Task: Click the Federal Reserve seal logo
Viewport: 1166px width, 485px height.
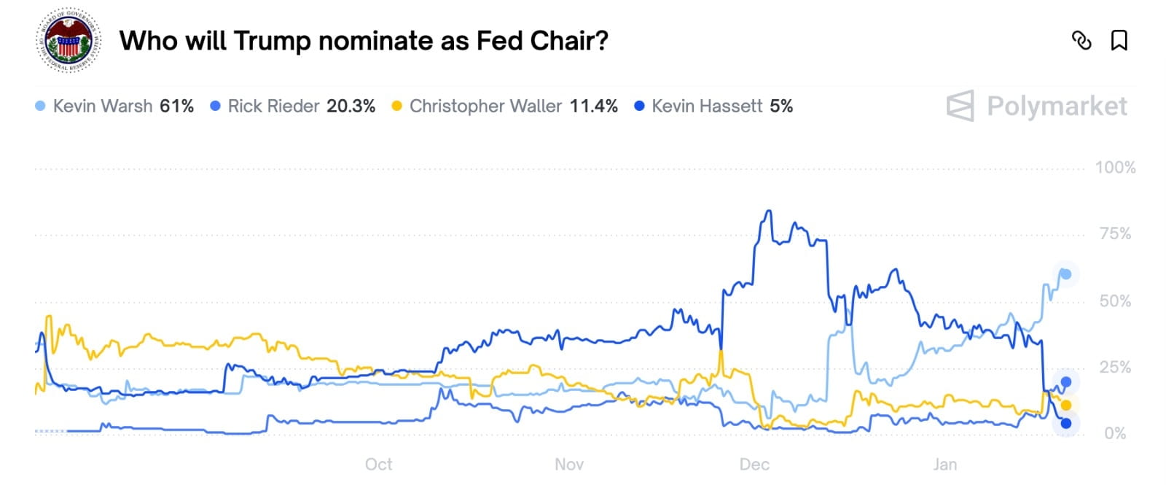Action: (x=68, y=41)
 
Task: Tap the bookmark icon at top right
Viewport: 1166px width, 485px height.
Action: (x=1119, y=40)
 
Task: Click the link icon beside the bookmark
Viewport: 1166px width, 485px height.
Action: (x=1081, y=40)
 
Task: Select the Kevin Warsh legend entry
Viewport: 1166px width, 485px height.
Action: (x=114, y=106)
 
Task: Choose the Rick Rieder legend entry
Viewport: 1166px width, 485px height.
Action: (x=292, y=106)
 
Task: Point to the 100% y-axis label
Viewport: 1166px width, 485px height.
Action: (x=1115, y=168)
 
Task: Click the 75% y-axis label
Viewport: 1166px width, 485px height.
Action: (x=1115, y=234)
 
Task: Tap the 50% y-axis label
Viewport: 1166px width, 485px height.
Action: (x=1115, y=301)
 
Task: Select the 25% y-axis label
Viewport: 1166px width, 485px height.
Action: (x=1115, y=368)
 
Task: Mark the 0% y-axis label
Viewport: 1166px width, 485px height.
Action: (x=1115, y=434)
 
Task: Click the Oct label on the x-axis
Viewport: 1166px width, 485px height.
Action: (x=378, y=465)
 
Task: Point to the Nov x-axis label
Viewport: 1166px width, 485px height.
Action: (x=569, y=465)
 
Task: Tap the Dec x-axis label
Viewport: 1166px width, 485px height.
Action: (x=754, y=465)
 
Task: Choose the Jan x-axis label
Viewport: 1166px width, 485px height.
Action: (x=945, y=465)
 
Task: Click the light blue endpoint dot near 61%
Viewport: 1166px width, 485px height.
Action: (x=1065, y=274)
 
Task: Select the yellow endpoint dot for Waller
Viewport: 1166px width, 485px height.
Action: (x=1066, y=406)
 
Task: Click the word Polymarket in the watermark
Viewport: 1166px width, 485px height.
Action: (x=1057, y=106)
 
